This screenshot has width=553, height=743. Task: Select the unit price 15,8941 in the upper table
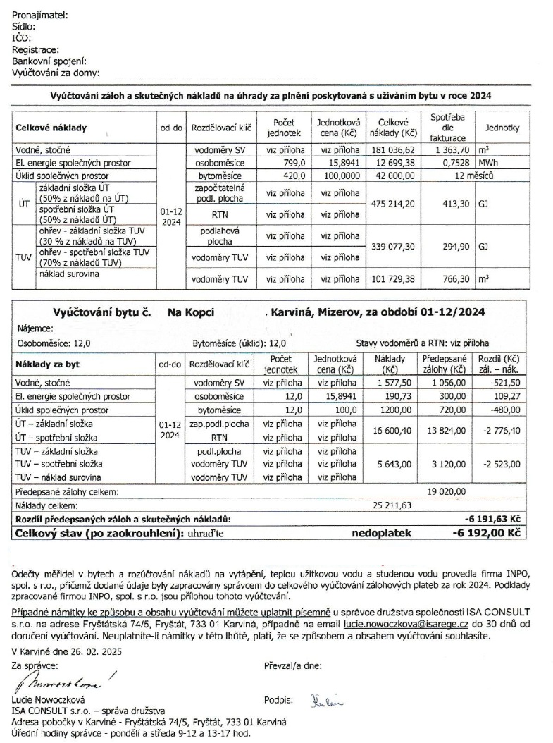(x=340, y=163)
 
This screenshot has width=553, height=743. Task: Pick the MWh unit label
(x=488, y=163)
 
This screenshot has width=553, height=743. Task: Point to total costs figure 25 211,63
(x=389, y=505)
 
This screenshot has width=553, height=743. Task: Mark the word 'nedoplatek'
(x=381, y=534)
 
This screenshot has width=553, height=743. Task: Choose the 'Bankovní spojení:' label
(x=49, y=61)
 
